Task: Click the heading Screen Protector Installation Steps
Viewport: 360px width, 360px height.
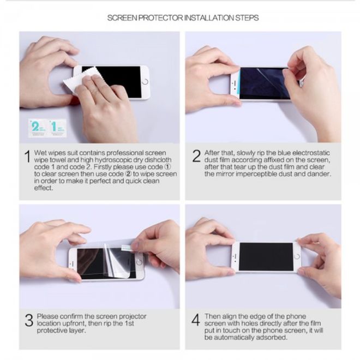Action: click(x=183, y=18)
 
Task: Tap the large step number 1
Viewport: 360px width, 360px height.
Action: click(x=28, y=157)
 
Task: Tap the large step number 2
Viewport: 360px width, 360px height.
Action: click(x=196, y=156)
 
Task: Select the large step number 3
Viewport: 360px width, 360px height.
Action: click(x=29, y=320)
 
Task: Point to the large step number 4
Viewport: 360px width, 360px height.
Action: click(x=196, y=320)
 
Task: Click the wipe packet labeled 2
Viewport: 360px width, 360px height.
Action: click(x=37, y=128)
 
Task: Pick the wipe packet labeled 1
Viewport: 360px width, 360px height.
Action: click(x=57, y=128)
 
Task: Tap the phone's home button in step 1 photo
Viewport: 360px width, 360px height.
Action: click(x=145, y=82)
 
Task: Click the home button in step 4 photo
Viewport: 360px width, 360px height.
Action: click(x=297, y=256)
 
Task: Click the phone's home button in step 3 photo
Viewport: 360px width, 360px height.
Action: click(x=139, y=262)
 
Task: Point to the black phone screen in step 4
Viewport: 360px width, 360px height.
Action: click(x=266, y=256)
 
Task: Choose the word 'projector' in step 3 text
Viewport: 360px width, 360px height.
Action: click(x=133, y=316)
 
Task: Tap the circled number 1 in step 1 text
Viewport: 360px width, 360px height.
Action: click(x=168, y=167)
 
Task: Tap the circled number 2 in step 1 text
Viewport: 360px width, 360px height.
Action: click(x=128, y=174)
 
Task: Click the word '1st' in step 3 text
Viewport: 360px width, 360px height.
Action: click(x=129, y=323)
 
